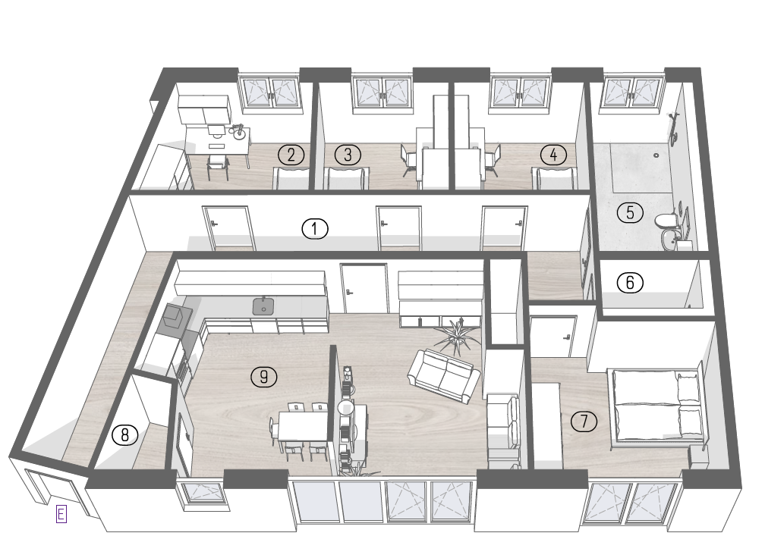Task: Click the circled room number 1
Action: [315, 228]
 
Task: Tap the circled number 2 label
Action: [291, 155]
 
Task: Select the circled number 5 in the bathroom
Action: [630, 212]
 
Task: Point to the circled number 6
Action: [630, 283]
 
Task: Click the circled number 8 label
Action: [125, 434]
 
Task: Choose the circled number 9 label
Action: [263, 377]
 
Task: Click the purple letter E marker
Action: [61, 514]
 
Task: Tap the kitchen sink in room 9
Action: [263, 306]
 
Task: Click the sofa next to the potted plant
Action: [443, 376]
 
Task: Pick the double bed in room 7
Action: [656, 407]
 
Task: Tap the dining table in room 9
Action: [304, 426]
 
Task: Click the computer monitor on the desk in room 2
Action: [216, 130]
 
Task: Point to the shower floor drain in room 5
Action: [656, 155]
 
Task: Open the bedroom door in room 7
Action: [553, 337]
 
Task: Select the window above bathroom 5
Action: [633, 91]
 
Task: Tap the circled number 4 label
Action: [553, 155]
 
